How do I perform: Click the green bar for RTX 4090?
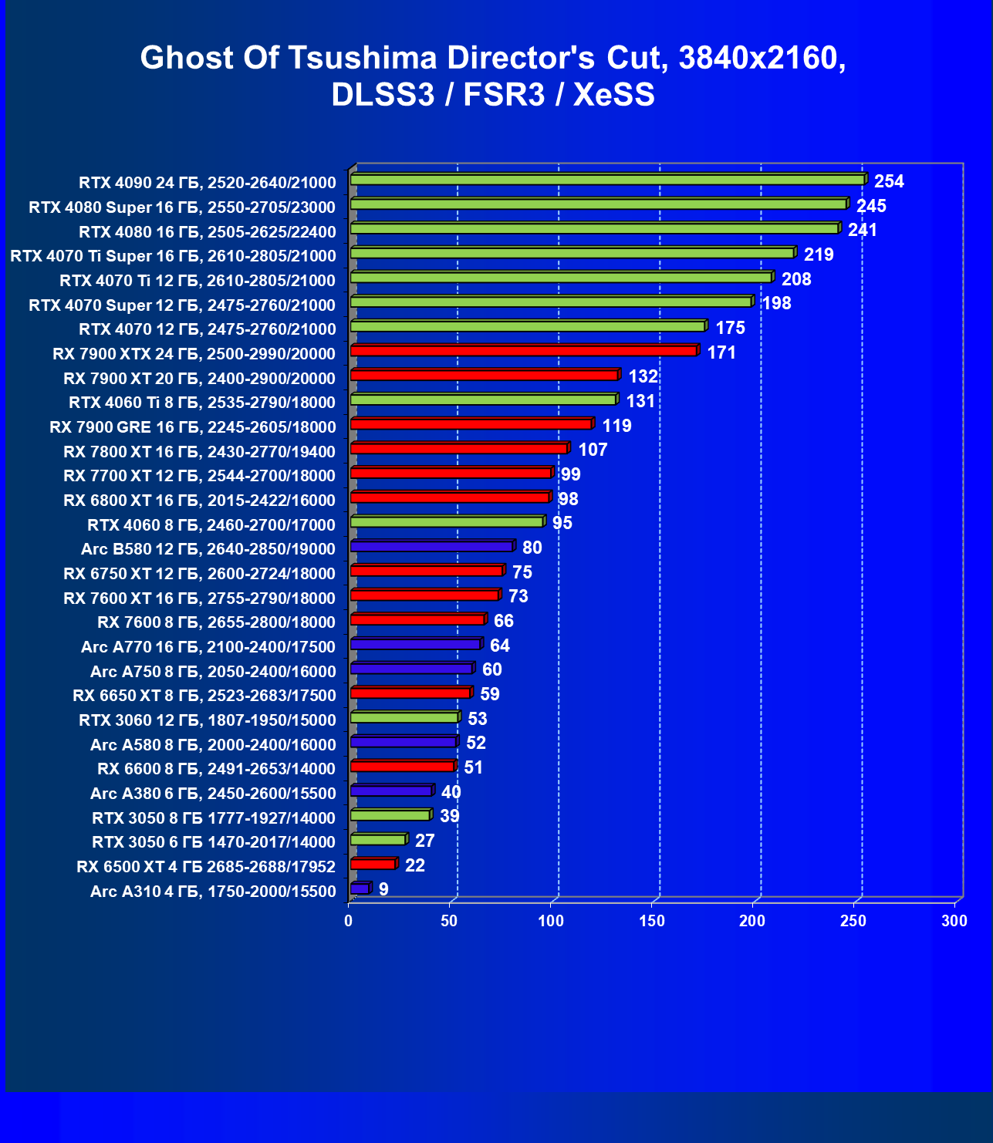607,180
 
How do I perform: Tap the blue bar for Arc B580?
431,546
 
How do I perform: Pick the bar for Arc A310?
360,888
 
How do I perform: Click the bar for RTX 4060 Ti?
483,400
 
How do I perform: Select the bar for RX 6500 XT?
373,864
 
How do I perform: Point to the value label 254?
889,181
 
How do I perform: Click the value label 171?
721,352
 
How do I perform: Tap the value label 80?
532,548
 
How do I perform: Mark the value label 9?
383,889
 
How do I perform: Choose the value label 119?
616,426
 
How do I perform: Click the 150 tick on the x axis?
652,921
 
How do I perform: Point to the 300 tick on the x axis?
954,921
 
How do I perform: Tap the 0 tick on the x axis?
349,921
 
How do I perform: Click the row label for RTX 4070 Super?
182,305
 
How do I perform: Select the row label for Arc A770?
208,647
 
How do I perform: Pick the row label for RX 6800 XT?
199,501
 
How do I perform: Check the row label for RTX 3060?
208,720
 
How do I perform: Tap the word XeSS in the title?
614,95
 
